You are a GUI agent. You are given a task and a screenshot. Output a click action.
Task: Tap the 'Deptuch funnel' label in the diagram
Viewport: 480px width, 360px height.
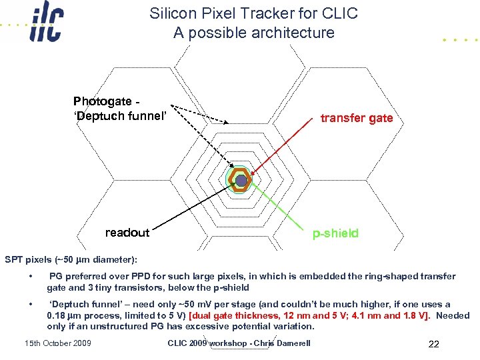[x=119, y=117]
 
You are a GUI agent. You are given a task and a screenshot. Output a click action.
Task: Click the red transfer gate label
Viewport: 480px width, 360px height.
[x=357, y=118]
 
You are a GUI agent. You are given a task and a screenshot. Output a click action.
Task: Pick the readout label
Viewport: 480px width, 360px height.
[x=127, y=233]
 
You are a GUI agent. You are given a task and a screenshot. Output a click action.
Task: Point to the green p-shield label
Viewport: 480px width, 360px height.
[x=336, y=233]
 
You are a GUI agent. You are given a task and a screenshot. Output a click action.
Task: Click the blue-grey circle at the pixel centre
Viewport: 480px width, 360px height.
[x=241, y=180]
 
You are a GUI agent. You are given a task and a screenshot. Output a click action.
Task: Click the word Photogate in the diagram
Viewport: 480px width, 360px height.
[x=103, y=101]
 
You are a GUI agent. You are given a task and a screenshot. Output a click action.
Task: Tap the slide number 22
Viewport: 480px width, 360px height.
[x=434, y=344]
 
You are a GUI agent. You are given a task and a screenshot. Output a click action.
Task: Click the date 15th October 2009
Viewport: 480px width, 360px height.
[x=57, y=343]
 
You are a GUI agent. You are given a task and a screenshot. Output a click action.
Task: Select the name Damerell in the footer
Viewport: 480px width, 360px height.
[x=289, y=343]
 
